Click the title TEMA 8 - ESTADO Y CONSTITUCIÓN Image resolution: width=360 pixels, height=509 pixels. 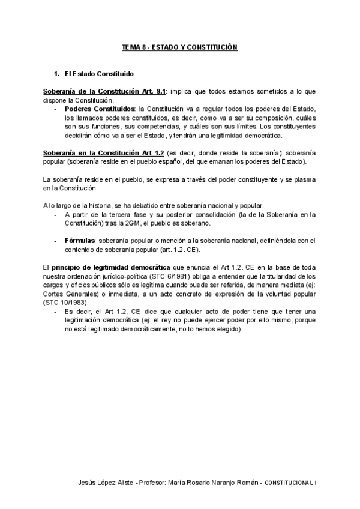click(180, 47)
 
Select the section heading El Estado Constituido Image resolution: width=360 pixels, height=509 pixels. click(99, 74)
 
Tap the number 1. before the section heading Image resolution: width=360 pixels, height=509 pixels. click(57, 74)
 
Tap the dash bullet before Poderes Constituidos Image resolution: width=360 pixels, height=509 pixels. click(56, 109)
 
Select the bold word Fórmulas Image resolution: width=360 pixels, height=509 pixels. click(81, 241)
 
